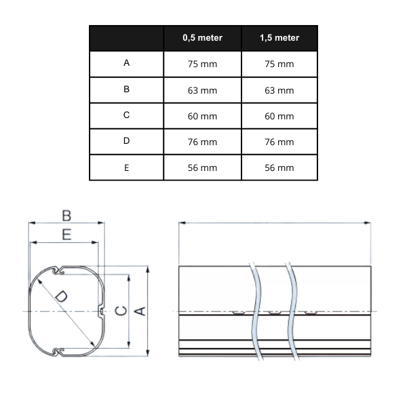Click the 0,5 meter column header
(x=202, y=38)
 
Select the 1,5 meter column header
(x=279, y=38)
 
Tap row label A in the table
(x=127, y=63)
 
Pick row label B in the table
(x=127, y=89)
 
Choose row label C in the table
(x=127, y=115)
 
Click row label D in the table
(x=127, y=141)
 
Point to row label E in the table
(x=127, y=167)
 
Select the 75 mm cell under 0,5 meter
(x=202, y=64)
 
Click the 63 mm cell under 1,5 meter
(x=279, y=90)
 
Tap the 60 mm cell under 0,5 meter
(x=202, y=116)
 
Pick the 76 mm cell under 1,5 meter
(x=279, y=142)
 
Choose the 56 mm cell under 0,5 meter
(x=202, y=168)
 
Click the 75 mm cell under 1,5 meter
(x=279, y=64)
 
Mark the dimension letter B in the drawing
(x=66, y=216)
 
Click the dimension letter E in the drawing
(x=66, y=235)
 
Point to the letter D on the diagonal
(x=60, y=296)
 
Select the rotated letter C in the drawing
(x=120, y=311)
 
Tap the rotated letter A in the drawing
(x=140, y=311)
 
